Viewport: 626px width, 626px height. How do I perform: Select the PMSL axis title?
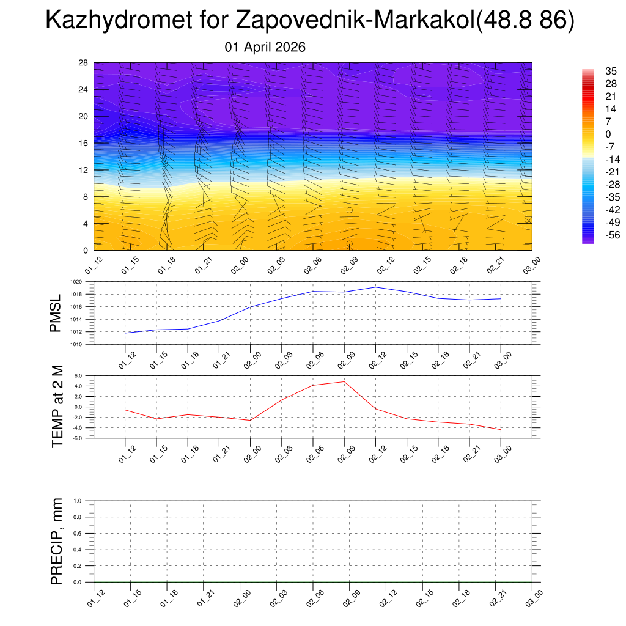click(56, 313)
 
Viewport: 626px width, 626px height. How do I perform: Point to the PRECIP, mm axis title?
click(57, 541)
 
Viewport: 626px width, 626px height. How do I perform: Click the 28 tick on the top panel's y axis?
click(84, 63)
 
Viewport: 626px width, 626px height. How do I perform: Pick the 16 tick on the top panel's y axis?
click(84, 143)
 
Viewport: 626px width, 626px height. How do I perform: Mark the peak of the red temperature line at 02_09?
click(344, 381)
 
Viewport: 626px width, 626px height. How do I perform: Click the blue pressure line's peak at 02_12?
click(376, 287)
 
